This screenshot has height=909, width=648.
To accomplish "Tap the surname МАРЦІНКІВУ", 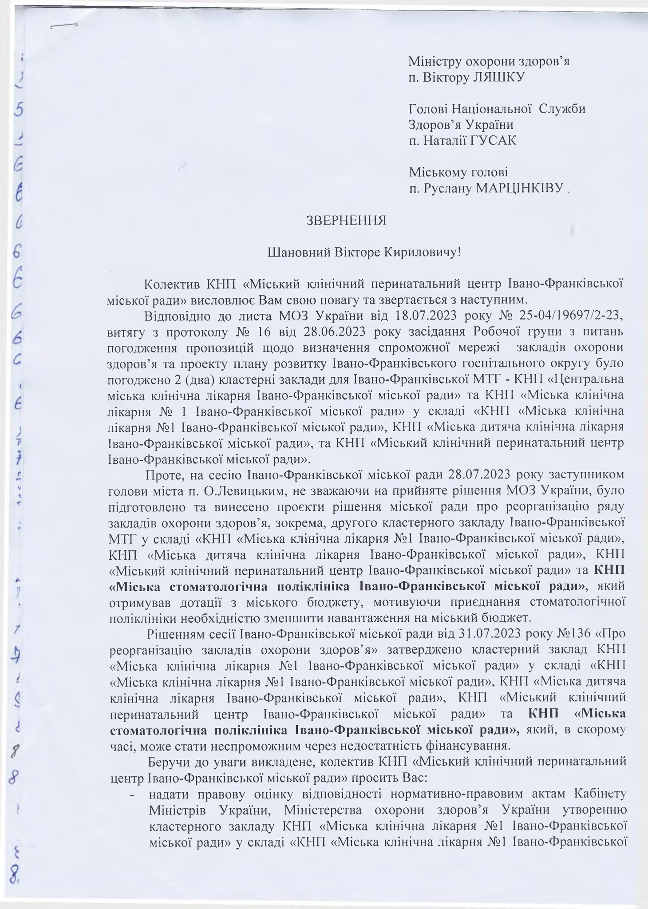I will pos(522,189).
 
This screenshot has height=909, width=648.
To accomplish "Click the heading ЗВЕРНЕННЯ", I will pos(346,220).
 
